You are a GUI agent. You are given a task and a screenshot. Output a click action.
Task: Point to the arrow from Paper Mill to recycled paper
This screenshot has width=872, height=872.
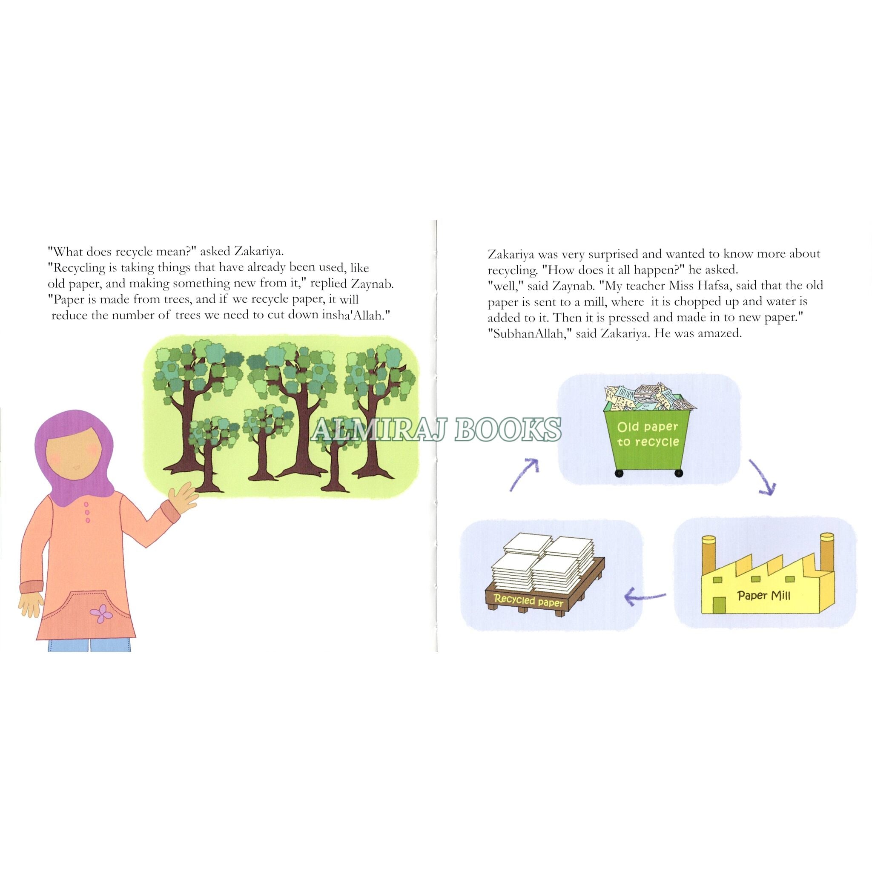[645, 597]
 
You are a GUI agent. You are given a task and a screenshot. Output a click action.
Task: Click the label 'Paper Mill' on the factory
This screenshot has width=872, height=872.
[764, 595]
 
